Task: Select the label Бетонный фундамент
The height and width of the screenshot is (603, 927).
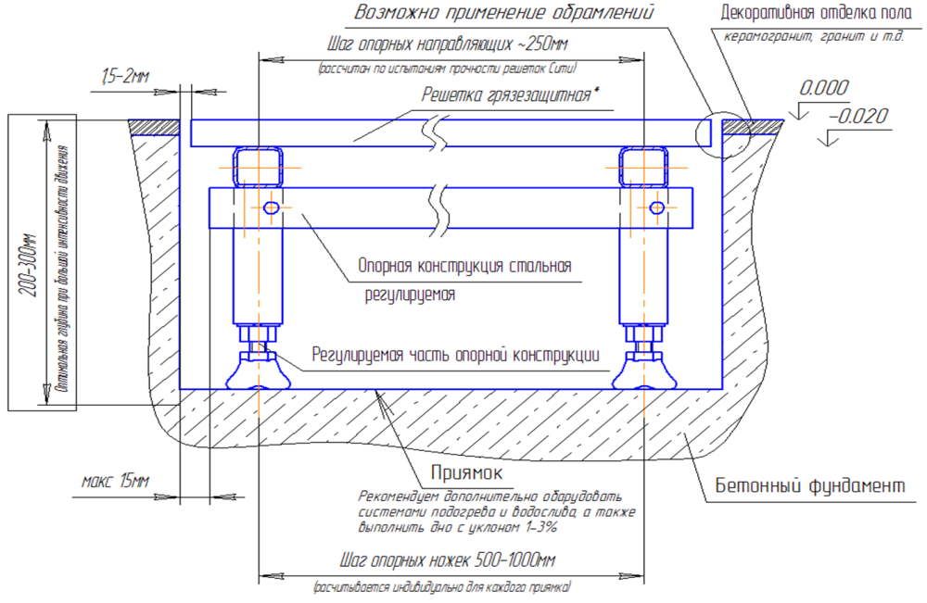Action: click(809, 486)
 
